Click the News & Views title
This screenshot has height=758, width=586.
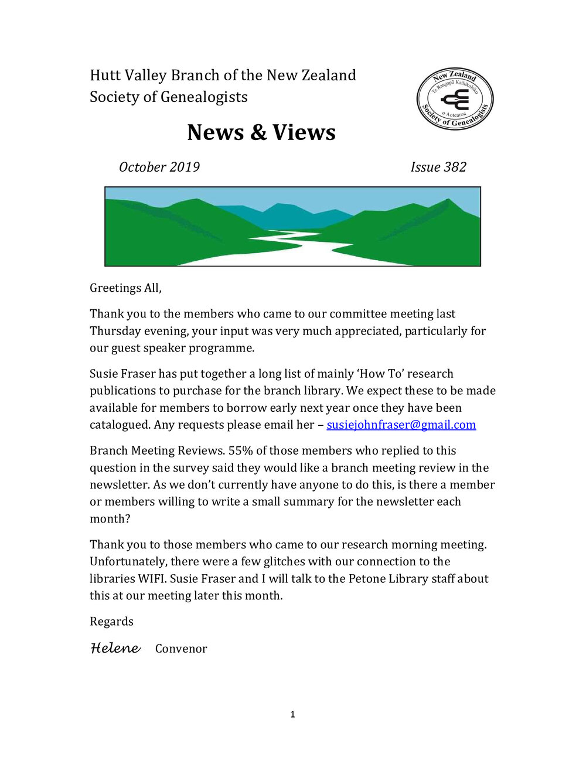(261, 132)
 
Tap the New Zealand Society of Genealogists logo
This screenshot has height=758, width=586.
(455, 98)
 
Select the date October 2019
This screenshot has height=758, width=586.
(159, 167)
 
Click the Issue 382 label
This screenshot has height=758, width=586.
(438, 167)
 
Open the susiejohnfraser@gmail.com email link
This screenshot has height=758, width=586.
(401, 425)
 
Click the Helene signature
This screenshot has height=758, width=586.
(115, 648)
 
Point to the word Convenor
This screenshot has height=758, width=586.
(181, 648)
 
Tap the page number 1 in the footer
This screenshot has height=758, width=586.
(292, 714)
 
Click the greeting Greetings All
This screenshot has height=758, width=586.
(125, 288)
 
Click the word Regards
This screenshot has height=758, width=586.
(111, 622)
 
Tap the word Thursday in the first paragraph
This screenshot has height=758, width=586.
(114, 331)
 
